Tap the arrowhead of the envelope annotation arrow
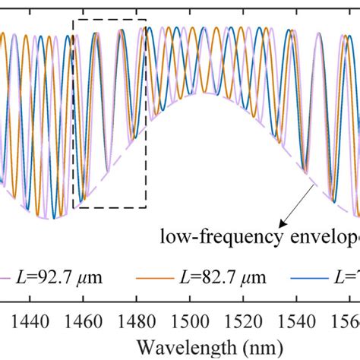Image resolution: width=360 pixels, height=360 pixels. pos(280,225)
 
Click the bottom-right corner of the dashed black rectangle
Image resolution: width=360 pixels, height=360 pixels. pos(146,207)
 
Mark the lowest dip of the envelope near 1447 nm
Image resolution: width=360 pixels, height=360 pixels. pos(50,219)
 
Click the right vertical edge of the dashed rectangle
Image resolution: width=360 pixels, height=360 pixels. pos(146,114)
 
